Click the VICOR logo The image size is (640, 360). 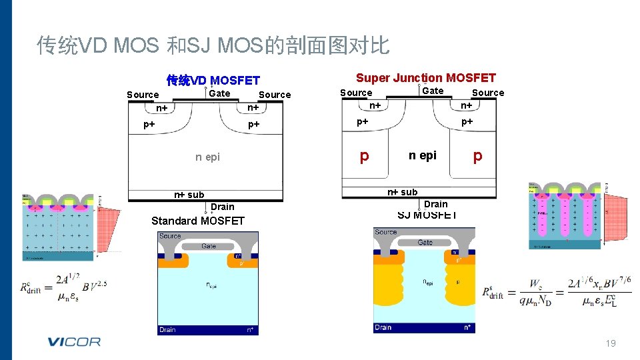pyautogui.click(x=73, y=342)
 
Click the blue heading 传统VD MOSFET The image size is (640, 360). pyautogui.click(x=213, y=81)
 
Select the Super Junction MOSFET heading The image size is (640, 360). pyautogui.click(x=426, y=78)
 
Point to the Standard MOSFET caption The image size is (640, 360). pyautogui.click(x=198, y=221)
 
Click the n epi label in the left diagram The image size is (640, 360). pyautogui.click(x=207, y=157)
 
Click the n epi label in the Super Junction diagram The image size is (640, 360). pyautogui.click(x=423, y=155)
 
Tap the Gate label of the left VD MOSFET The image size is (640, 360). pyautogui.click(x=219, y=93)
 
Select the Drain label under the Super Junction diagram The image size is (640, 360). pyautogui.click(x=436, y=204)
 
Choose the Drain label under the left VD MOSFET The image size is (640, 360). pyautogui.click(x=223, y=207)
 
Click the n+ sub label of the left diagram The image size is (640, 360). pyautogui.click(x=189, y=195)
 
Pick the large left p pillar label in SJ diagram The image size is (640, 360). pyautogui.click(x=364, y=156)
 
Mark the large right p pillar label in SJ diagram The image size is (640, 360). pyautogui.click(x=477, y=156)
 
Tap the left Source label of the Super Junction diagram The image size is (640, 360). pyautogui.click(x=356, y=93)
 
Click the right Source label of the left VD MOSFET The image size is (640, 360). pyautogui.click(x=275, y=95)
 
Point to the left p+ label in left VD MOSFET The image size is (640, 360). pyautogui.click(x=150, y=125)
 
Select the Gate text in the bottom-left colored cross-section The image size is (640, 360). pyautogui.click(x=209, y=246)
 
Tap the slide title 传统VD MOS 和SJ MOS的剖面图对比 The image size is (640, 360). pyautogui.click(x=213, y=45)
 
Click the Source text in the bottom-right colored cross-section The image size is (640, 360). pyautogui.click(x=386, y=232)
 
